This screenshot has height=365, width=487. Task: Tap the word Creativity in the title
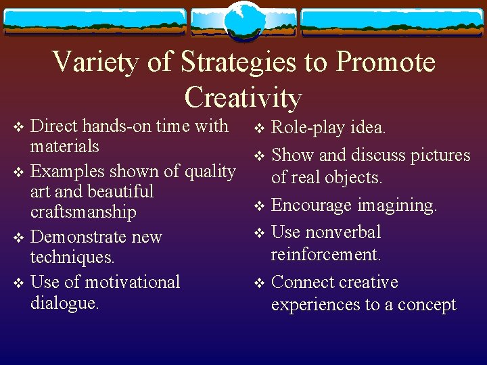pyautogui.click(x=243, y=97)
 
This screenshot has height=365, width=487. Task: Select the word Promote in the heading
pyautogui.click(x=386, y=63)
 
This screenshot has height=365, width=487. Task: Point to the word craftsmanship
pyautogui.click(x=83, y=212)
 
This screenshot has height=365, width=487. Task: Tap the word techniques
pyautogui.click(x=72, y=258)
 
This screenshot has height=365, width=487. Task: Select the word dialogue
pyautogui.click(x=64, y=303)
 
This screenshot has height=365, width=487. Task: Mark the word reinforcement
pyautogui.click(x=326, y=255)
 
